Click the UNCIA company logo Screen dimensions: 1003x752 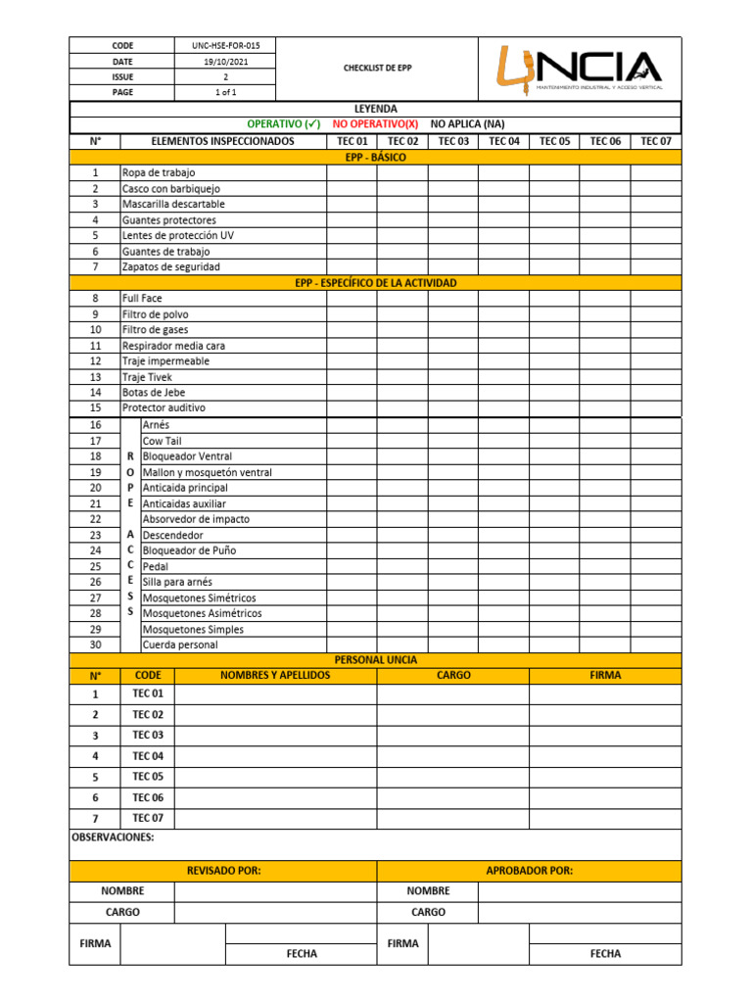579,69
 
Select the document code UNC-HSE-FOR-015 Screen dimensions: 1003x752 224,45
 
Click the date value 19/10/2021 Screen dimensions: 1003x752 224,61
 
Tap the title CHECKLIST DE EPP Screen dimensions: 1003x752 377,69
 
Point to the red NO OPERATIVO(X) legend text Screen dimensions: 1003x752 375,124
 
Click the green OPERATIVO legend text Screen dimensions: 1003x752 284,124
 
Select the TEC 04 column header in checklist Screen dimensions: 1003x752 503,141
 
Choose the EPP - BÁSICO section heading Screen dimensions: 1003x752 376,157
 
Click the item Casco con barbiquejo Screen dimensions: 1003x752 171,188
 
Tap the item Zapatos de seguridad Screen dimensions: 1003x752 171,266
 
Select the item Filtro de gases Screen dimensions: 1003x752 156,330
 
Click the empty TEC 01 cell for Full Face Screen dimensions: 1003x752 352,298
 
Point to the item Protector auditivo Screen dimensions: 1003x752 164,407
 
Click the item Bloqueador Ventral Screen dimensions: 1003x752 188,456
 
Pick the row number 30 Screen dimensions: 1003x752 95,645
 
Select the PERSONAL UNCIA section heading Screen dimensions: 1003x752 376,660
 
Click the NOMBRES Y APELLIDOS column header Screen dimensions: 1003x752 275,675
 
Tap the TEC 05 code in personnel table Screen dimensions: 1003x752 148,777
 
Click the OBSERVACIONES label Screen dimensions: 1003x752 114,838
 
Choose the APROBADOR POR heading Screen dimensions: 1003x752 529,871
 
